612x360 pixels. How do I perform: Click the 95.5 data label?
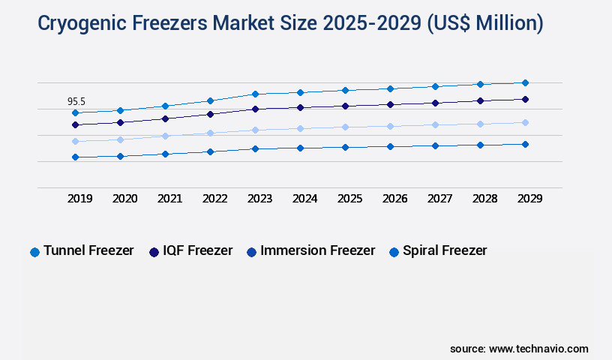point(76,101)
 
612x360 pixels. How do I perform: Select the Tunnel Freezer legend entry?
point(82,250)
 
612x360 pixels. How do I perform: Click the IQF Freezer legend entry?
point(191,250)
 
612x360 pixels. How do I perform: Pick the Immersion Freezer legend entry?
point(310,250)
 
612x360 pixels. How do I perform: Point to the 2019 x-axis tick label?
point(80,199)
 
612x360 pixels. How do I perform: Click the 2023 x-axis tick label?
point(259,199)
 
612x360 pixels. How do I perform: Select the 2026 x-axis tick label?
point(394,199)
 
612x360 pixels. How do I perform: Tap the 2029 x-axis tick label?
point(529,199)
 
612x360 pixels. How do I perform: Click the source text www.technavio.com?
point(538,349)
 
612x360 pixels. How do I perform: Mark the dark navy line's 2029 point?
point(525,99)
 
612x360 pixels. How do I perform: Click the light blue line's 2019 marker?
point(75,141)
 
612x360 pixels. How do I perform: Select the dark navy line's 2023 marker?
point(255,109)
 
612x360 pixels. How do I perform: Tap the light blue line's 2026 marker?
point(390,126)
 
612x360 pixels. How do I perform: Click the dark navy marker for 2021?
point(165,118)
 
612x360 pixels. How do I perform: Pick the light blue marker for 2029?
point(525,122)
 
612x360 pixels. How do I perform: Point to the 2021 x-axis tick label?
point(169,199)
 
